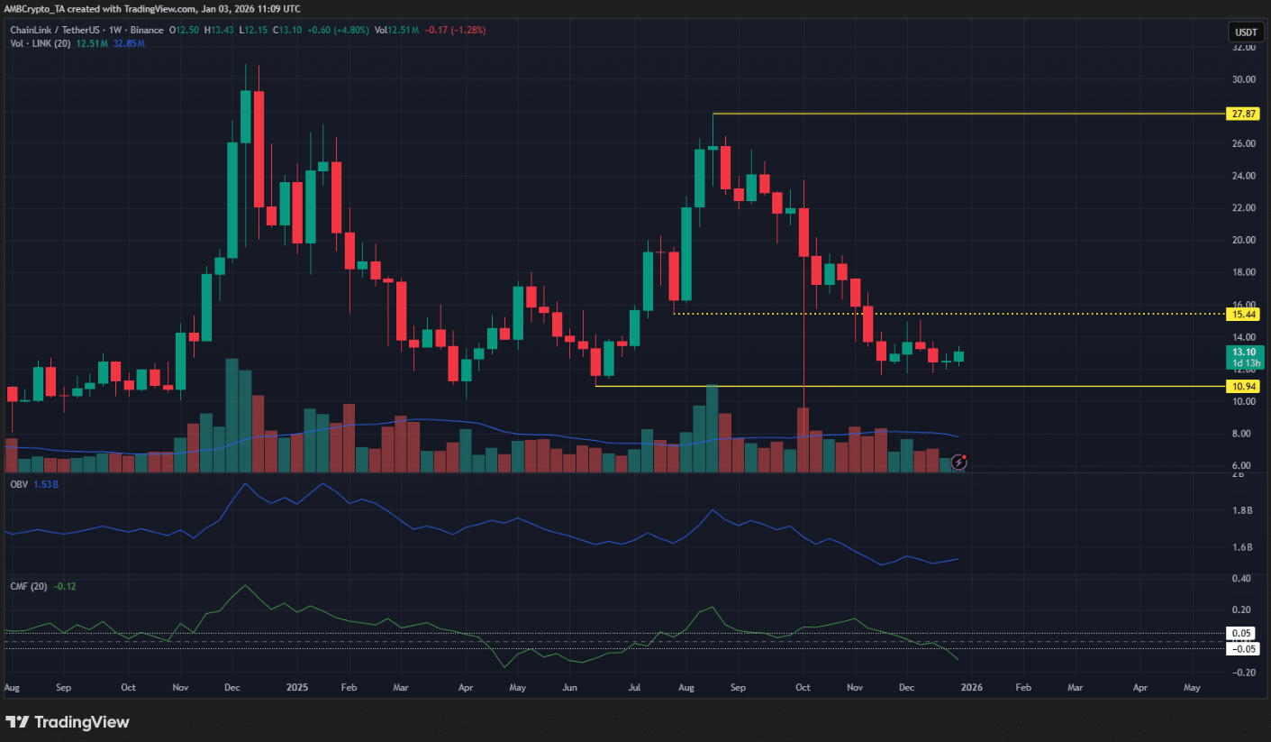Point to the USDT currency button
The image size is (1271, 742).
[x=1245, y=32]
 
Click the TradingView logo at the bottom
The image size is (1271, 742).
[x=68, y=722]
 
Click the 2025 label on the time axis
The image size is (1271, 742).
[x=296, y=687]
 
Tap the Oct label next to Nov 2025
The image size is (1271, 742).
[x=803, y=687]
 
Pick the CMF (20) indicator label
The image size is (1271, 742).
[x=28, y=587]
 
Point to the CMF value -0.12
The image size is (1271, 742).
[x=65, y=587]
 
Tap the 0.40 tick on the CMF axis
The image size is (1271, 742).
[x=1244, y=578]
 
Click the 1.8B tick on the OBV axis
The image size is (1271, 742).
[x=1244, y=510]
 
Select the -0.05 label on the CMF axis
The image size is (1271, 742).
[x=1244, y=649]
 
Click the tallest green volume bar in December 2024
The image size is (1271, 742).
[x=232, y=416]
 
